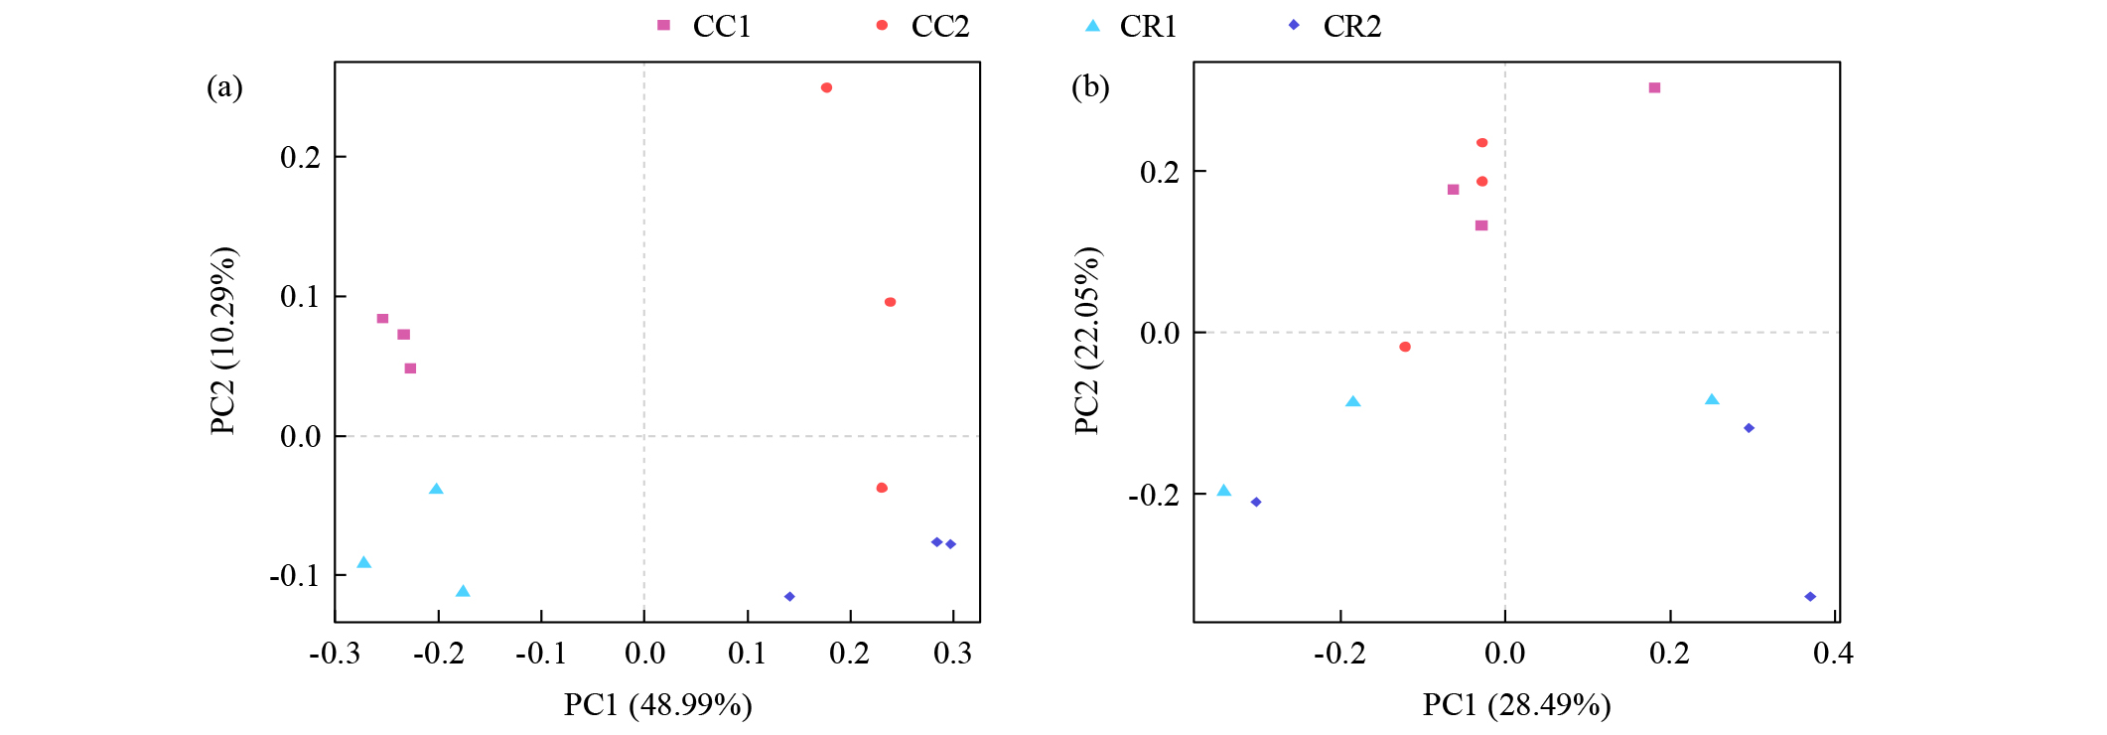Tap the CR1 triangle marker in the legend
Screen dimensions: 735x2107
pos(1092,26)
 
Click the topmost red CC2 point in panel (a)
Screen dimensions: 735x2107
pos(826,88)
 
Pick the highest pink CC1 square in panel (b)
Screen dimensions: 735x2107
pos(1654,88)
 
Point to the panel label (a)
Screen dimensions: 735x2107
pos(224,87)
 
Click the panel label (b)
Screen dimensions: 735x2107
pos(1090,87)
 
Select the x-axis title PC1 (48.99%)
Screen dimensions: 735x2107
pos(657,705)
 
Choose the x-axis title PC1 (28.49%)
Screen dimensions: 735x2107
pos(1516,705)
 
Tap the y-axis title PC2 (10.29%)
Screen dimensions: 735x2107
pos(223,341)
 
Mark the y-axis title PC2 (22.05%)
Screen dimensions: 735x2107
pos(1087,341)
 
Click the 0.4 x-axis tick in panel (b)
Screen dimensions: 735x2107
pos(1833,654)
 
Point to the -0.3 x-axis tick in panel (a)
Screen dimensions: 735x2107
pos(335,654)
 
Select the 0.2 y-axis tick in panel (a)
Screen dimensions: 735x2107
pos(300,157)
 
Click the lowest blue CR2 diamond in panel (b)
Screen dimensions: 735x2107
pos(1810,597)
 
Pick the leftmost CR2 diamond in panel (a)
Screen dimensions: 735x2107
pos(789,597)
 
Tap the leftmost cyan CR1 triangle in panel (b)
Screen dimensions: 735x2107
pos(1224,491)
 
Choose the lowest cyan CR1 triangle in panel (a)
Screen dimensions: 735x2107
pos(463,592)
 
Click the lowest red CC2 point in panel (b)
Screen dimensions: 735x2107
pos(1405,347)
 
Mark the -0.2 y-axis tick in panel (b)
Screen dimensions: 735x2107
pos(1154,495)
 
